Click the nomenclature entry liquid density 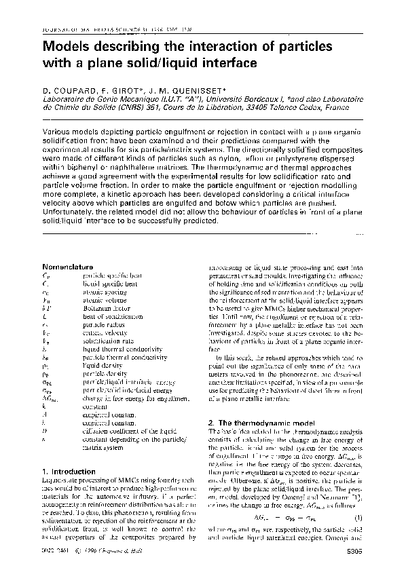pyautogui.click(x=102, y=366)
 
